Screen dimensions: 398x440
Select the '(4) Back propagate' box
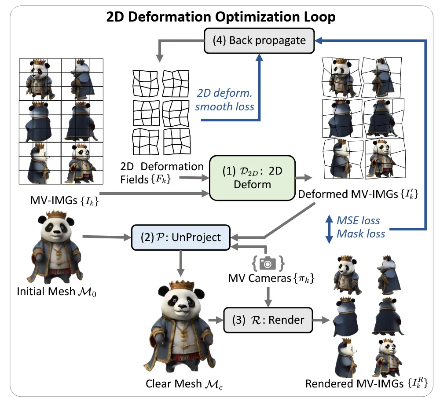pos(259,40)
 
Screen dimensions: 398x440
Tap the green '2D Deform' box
pos(254,177)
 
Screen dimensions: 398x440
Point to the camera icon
pos(267,263)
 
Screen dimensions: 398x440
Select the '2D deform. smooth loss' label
pos(225,100)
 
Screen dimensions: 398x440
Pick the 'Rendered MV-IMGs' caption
pos(367,383)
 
